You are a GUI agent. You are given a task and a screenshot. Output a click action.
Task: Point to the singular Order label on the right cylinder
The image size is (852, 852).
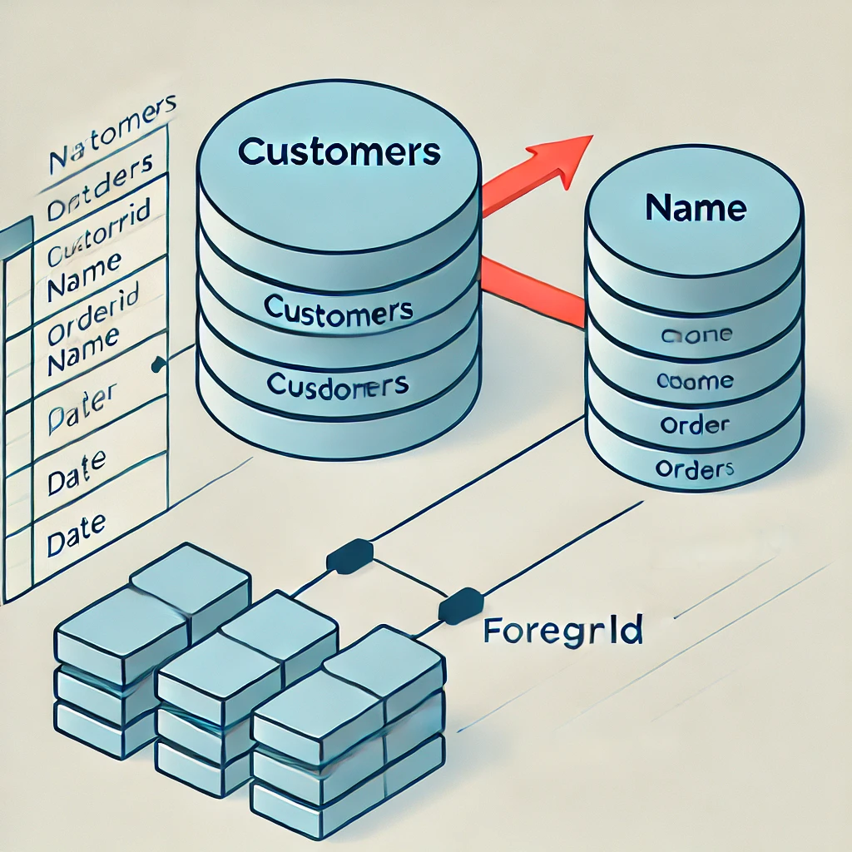pyautogui.click(x=694, y=425)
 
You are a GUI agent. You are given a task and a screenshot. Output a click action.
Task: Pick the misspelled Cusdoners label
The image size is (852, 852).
pyautogui.click(x=337, y=385)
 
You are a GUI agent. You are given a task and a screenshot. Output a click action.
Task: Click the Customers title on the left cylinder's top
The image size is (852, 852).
pyautogui.click(x=338, y=151)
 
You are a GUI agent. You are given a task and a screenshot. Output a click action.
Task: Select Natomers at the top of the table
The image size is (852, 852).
pyautogui.click(x=112, y=137)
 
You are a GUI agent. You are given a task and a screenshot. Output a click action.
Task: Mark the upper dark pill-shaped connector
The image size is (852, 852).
pyautogui.click(x=349, y=556)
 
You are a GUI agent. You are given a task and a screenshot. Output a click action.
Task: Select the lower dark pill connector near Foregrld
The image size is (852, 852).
pyautogui.click(x=460, y=605)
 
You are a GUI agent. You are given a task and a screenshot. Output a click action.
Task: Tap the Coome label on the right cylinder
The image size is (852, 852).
pyautogui.click(x=695, y=381)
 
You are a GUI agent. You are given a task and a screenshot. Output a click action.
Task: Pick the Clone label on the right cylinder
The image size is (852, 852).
pyautogui.click(x=695, y=336)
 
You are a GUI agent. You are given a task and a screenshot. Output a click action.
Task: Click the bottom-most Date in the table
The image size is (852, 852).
pyautogui.click(x=77, y=523)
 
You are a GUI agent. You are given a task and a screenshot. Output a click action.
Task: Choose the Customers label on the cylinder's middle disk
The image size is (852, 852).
pyautogui.click(x=338, y=310)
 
